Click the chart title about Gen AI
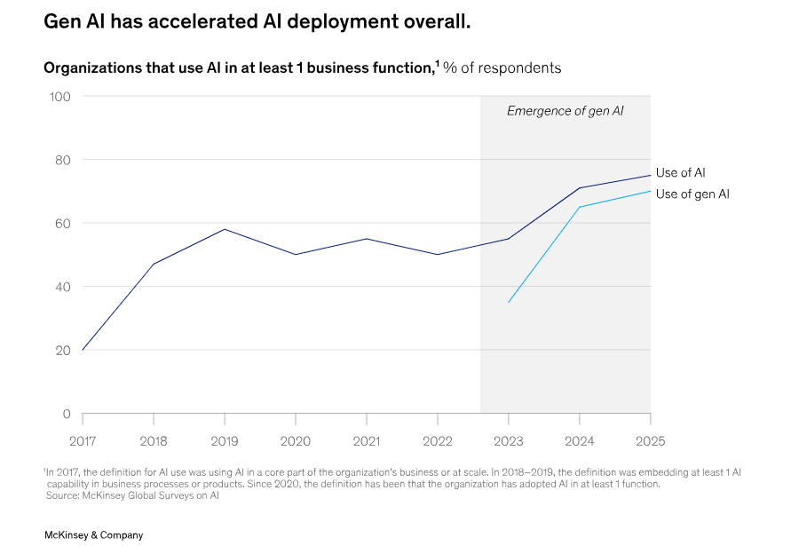(x=257, y=21)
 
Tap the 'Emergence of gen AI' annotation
(x=565, y=111)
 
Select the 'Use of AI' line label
(x=680, y=173)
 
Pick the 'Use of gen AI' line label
(x=692, y=194)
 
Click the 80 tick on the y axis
(x=63, y=160)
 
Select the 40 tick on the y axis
(x=63, y=287)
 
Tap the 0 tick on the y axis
(x=66, y=414)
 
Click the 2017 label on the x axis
(x=83, y=439)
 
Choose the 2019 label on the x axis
(x=225, y=439)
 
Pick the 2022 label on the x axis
(x=437, y=439)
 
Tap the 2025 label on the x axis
(x=650, y=439)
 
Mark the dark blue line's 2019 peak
(x=225, y=229)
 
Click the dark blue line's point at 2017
(x=83, y=350)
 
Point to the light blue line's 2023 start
(x=509, y=303)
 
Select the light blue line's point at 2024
(x=580, y=207)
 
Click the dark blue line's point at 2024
(x=580, y=188)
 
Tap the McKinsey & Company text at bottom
(x=93, y=535)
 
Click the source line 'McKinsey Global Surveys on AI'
(x=132, y=495)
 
